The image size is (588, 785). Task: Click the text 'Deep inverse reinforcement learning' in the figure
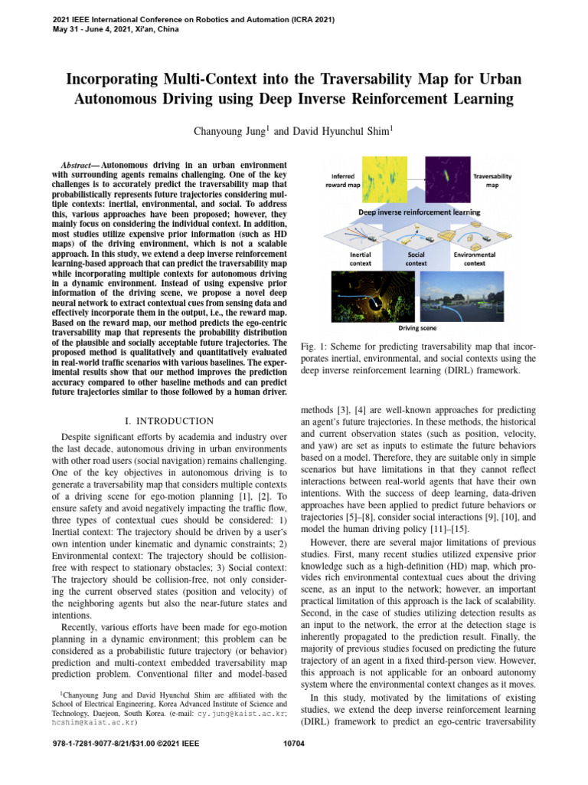(x=416, y=212)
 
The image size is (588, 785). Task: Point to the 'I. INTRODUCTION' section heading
(x=168, y=421)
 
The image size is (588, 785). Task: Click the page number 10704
(x=294, y=743)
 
